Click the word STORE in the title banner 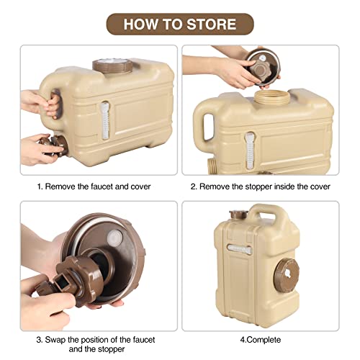(209, 24)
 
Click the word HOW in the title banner (140, 24)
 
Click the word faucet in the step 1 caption (113, 186)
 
